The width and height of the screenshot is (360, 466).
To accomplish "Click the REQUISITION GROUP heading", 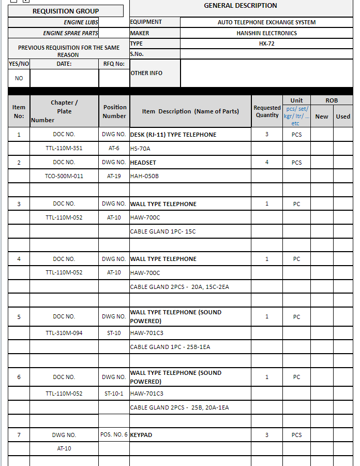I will pos(66,11).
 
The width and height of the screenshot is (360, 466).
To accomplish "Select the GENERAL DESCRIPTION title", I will pos(241,6).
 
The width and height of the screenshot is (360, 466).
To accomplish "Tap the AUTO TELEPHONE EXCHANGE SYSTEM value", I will pos(266,22).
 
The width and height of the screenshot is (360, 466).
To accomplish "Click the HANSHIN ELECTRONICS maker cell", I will pos(266,33).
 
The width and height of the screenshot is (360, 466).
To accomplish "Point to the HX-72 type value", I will pos(266,43).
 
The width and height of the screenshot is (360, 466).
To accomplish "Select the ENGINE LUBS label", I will pos(81,22).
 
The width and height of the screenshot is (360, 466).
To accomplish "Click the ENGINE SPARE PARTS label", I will pos(70,33).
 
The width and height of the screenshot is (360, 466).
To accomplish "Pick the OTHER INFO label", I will pos(146,73).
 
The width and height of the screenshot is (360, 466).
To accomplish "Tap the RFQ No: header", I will pos(114,64).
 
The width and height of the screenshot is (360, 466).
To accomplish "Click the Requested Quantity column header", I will pos(267,111).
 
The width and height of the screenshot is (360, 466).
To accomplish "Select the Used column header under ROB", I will pos(343,116).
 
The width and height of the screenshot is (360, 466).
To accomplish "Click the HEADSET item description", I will pos(143,163).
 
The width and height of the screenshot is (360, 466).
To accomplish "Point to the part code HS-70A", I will pos(140,149).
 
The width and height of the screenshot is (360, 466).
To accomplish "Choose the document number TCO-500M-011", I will pos(64,176).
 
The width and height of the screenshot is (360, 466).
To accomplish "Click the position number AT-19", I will pos(114,176).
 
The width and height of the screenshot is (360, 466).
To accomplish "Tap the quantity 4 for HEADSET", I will pos(267,163).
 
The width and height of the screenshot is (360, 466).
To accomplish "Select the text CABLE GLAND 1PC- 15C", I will pos(163,231).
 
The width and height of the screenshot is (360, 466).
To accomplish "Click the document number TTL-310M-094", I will pos(64,333).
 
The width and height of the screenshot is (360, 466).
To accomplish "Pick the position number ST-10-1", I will pos(114,394).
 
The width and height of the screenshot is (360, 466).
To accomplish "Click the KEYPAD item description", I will pos(141,435).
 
